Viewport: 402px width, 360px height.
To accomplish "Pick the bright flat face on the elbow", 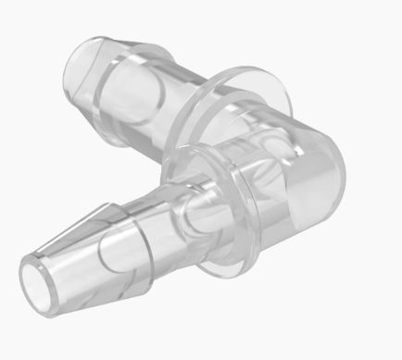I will [x=306, y=185].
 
